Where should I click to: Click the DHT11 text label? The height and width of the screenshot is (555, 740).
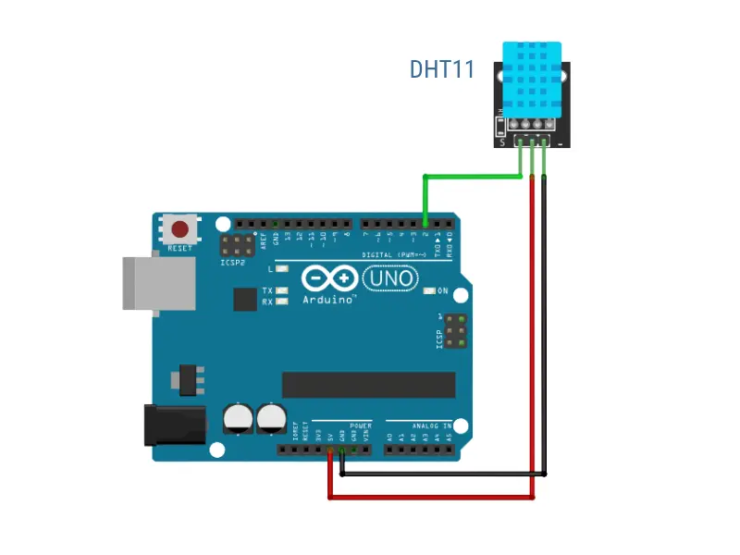(442, 69)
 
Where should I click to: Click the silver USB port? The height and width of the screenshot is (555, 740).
(159, 283)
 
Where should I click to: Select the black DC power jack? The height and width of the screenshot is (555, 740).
(175, 425)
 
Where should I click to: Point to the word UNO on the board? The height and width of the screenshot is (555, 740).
(388, 277)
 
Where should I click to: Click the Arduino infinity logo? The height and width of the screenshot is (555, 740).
(328, 278)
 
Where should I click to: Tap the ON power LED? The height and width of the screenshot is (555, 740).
(428, 291)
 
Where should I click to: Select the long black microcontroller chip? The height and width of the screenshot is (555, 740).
(368, 385)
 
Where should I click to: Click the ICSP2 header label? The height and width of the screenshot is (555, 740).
(232, 263)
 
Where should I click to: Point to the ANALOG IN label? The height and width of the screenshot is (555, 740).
(433, 426)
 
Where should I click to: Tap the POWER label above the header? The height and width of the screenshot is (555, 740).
(360, 426)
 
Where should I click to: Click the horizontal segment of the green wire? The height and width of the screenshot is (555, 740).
(472, 176)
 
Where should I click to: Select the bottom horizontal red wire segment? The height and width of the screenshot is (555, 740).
(431, 497)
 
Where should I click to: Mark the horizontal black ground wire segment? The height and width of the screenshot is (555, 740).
(444, 475)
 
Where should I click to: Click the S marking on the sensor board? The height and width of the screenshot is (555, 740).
(502, 142)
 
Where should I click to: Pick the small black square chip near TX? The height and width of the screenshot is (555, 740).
(245, 299)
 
